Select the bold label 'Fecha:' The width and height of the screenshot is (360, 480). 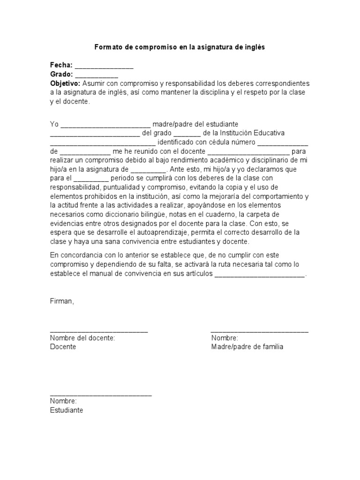[61, 65]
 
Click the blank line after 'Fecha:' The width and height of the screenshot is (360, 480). [104, 67]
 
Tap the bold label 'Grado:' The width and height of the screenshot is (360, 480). [61, 74]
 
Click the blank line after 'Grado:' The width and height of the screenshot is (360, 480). [96, 75]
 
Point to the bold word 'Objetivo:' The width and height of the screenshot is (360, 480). [65, 83]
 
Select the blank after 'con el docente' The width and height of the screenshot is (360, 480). [248, 152]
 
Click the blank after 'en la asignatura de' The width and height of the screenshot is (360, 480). [149, 170]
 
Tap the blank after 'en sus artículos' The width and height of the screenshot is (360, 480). [260, 277]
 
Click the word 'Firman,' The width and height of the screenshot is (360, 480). [62, 301]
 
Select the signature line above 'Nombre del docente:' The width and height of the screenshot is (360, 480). [99, 331]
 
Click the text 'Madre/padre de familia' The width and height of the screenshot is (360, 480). [247, 347]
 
